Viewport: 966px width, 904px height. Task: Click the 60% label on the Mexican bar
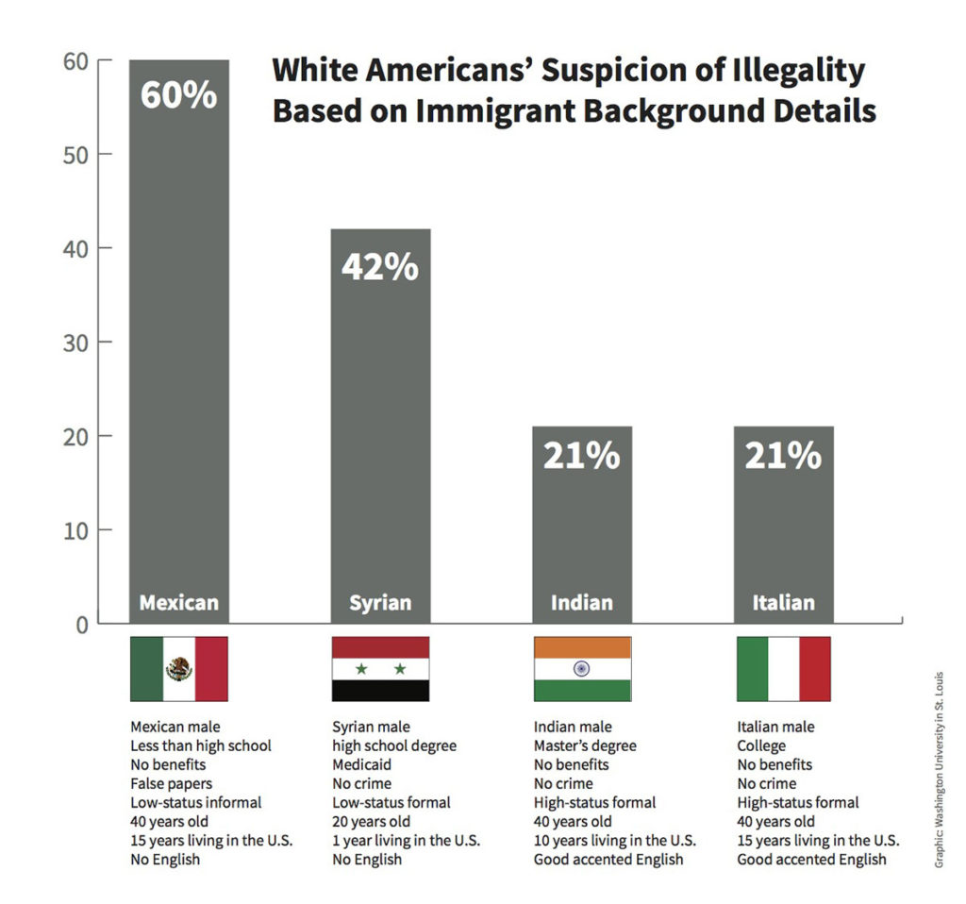coord(179,96)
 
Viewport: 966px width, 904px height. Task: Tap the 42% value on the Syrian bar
coord(379,267)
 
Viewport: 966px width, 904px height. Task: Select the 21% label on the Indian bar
coord(581,456)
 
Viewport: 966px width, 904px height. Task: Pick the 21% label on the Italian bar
coord(783,456)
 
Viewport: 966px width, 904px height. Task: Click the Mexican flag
coord(179,669)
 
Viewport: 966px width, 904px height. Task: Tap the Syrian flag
coord(380,669)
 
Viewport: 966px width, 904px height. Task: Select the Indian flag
coord(582,669)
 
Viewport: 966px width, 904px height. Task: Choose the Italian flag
coord(783,669)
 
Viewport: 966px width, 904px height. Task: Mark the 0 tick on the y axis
coord(80,624)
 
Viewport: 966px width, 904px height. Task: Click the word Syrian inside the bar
coord(380,603)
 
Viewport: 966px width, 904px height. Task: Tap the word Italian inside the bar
coord(783,603)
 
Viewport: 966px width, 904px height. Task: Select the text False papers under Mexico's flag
coord(171,783)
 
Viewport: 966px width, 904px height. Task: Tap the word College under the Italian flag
coord(761,745)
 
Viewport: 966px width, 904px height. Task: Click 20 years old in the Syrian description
coord(371,821)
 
